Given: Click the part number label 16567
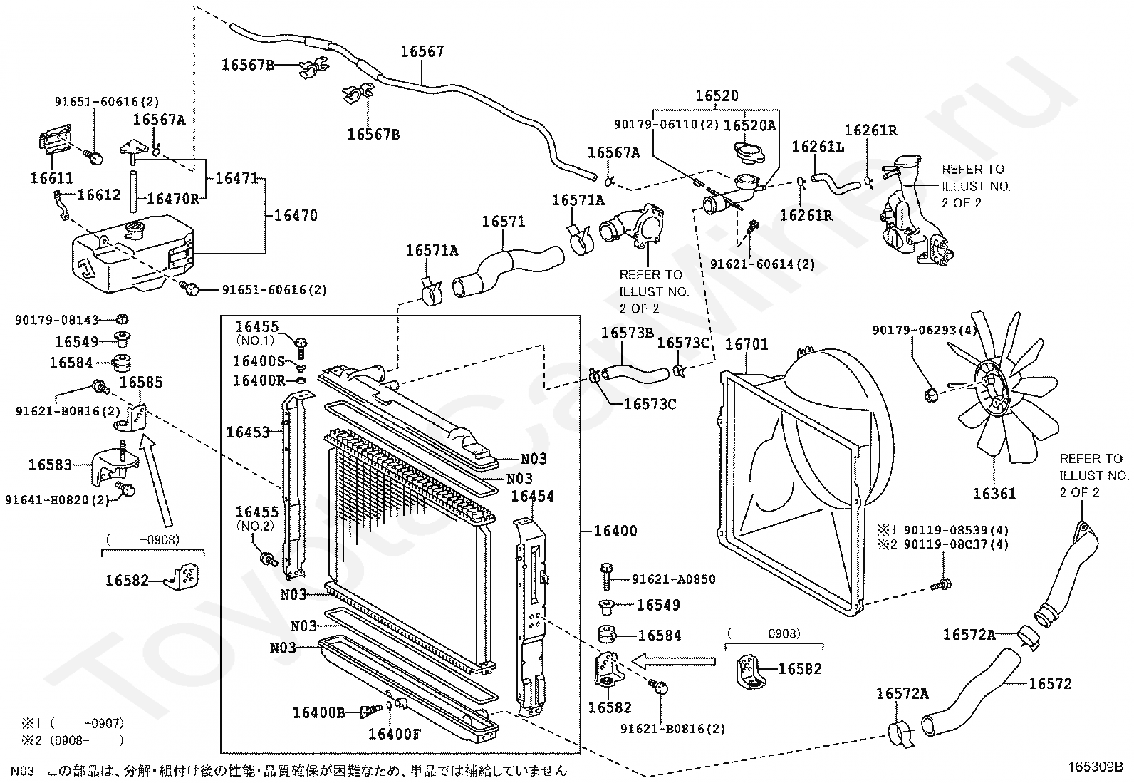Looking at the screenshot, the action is pos(422,52).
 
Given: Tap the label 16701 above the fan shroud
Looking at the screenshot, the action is pos(747,344).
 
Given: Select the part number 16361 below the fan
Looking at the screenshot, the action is pos(994,493).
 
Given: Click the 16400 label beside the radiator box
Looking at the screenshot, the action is pos(615,531).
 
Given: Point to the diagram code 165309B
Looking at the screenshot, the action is pos(1096,767).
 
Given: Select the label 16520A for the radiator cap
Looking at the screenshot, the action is pos(749,125).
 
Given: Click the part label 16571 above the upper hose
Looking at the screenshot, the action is pos(503,222).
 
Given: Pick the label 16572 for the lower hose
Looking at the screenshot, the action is pos(1050,684).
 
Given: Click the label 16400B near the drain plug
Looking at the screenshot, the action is pos(319,712).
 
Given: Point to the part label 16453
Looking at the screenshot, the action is pos(248,432).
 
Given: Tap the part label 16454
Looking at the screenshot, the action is pos(532,496).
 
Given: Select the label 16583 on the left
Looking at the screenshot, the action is pos(50,465).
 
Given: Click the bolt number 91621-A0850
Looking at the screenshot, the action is pos(673,579).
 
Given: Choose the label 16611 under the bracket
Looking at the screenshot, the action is pos(51,178).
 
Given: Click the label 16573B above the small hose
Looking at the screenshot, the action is pos(628,333).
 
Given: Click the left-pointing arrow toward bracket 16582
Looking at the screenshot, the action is pos(672,660).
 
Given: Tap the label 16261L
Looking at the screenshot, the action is pos(818,147).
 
